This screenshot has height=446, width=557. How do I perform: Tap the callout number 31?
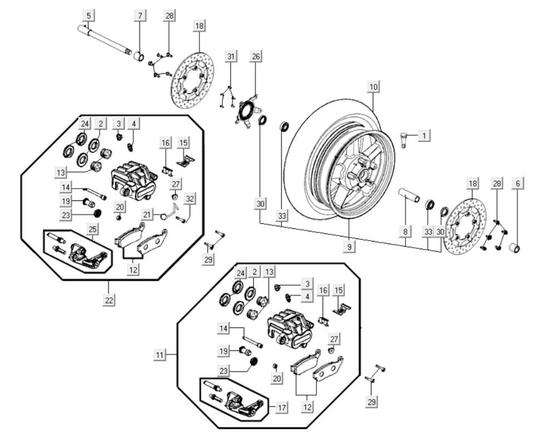tap(231, 56)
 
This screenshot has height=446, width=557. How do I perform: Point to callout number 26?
tap(256, 56)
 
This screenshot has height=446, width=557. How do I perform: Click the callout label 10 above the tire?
tap(373, 87)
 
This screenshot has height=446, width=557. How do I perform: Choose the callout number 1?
tap(424, 135)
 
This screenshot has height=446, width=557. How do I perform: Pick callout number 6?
tap(517, 183)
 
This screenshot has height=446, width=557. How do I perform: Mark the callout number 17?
tap(282, 408)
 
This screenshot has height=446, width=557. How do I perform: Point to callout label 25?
tap(93, 228)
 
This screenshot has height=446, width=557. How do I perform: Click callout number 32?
tap(190, 198)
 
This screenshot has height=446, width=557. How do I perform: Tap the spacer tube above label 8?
tap(408, 196)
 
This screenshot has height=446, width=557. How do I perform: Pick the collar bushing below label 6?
tap(516, 247)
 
